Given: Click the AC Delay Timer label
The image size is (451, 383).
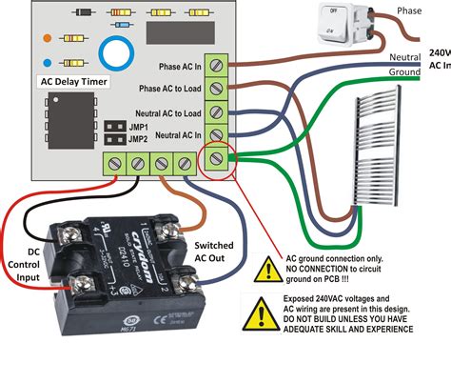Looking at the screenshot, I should [x=74, y=83].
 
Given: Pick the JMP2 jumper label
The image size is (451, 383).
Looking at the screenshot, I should [x=138, y=139].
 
